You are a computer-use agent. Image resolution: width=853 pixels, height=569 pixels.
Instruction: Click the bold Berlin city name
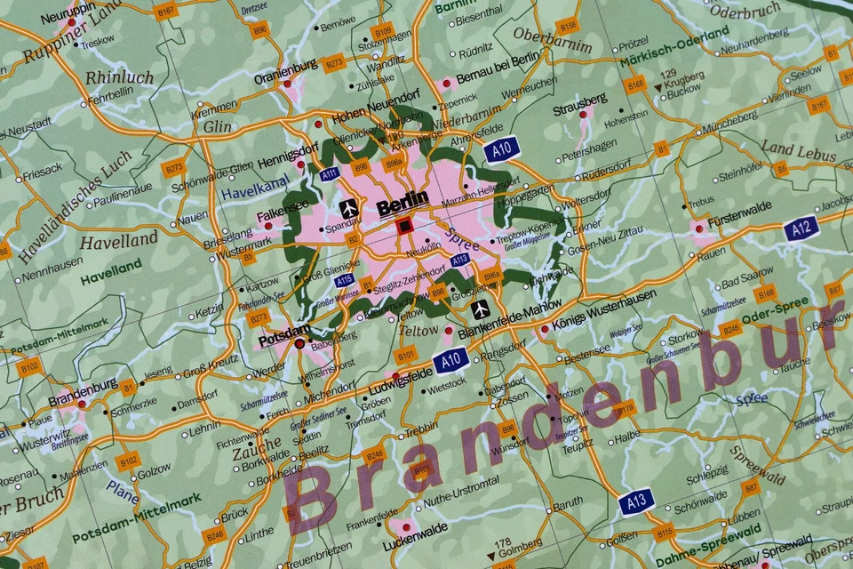coord(403,203)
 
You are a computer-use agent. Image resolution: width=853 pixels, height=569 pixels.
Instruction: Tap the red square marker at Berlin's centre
coord(405,226)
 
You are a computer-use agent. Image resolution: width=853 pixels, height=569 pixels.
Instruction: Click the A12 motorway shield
coord(801,228)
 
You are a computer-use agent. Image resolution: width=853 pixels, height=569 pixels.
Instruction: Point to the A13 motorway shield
coord(636,501)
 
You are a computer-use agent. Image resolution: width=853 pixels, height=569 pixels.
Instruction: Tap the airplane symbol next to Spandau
coord(349,208)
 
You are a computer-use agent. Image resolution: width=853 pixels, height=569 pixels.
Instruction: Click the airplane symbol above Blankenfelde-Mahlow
coord(481,309)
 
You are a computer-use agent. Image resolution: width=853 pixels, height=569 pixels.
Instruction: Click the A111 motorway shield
coord(331,173)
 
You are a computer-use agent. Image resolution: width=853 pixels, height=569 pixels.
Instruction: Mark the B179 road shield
coord(625,409)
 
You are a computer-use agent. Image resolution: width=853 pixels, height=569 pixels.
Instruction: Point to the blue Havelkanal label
coord(255,185)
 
